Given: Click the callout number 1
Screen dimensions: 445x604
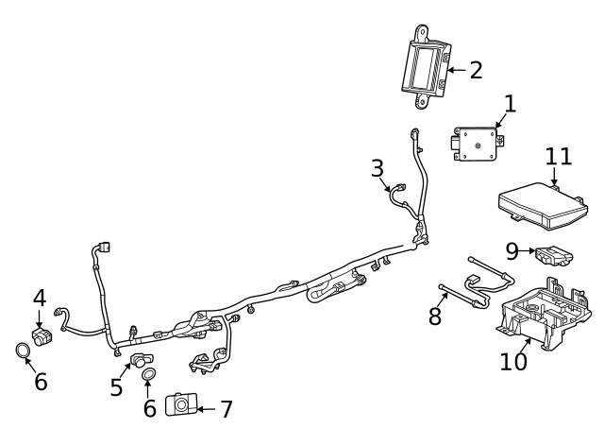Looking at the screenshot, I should coord(510,104).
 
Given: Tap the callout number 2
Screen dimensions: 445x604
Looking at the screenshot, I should coord(476,70).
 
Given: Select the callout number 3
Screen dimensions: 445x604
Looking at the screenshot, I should coord(377,169).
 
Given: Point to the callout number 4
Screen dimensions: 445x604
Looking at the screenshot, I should coord(40,298).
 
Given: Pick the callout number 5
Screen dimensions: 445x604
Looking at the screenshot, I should coord(117,387).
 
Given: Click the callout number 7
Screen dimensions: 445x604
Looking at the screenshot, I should coord(226,409).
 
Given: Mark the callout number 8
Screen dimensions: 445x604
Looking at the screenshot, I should coord(435,316).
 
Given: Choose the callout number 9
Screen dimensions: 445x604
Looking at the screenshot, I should coord(512,250).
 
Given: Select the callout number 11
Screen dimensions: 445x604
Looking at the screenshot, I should coord(559,155).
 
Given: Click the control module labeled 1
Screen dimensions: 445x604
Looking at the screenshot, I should coord(480,143).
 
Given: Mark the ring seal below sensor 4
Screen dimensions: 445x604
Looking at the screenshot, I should coord(22,352).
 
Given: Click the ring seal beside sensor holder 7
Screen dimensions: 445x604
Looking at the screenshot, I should coord(149,377).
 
